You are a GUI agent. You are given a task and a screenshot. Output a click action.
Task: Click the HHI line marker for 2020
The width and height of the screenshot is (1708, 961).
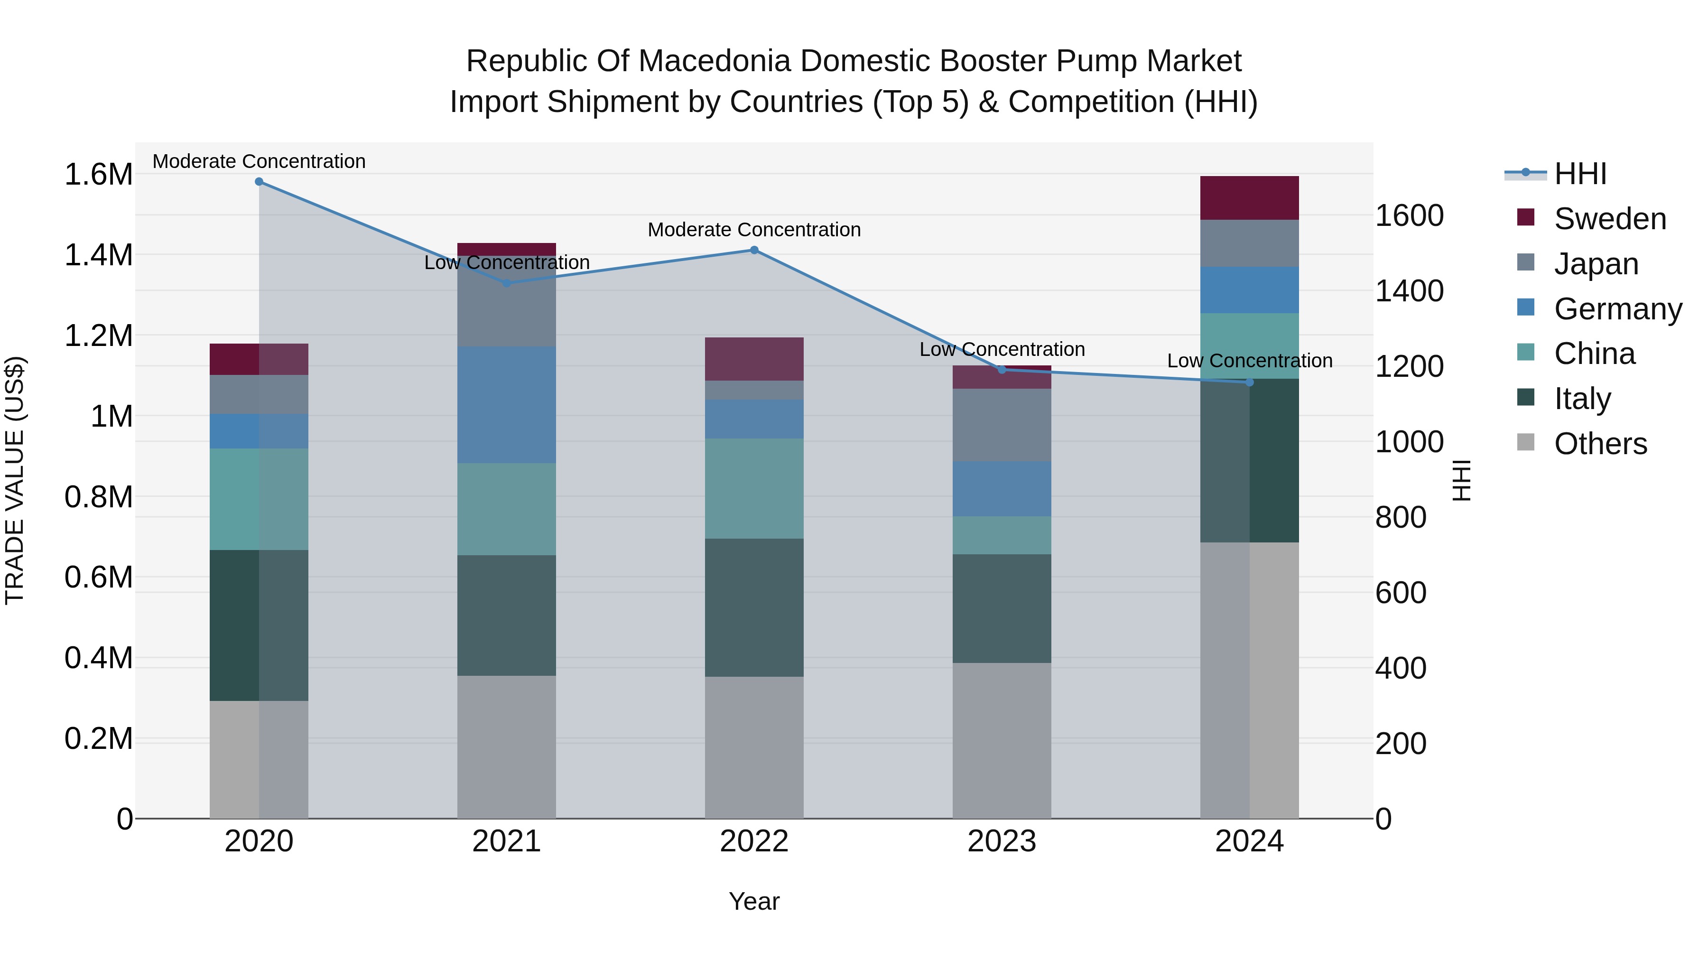pyautogui.click(x=259, y=182)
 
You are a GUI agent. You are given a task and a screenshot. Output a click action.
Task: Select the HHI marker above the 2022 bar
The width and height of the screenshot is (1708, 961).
pyautogui.click(x=754, y=250)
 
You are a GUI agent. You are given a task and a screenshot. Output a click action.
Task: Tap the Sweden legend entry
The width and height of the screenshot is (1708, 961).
pyautogui.click(x=1609, y=219)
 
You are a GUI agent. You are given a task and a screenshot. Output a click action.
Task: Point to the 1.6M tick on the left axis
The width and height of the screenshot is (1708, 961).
pyautogui.click(x=98, y=175)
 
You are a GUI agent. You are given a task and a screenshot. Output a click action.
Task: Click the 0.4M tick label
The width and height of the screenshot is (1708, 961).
pyautogui.click(x=98, y=658)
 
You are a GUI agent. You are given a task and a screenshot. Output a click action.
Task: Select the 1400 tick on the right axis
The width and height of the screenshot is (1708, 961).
pyautogui.click(x=1409, y=291)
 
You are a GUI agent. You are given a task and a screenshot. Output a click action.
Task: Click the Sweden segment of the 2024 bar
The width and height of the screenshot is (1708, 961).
pyautogui.click(x=1249, y=197)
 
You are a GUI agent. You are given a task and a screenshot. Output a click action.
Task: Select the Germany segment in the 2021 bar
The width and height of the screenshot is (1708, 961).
pyautogui.click(x=507, y=404)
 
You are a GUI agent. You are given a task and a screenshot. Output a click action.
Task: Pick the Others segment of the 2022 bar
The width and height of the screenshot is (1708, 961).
pyautogui.click(x=754, y=747)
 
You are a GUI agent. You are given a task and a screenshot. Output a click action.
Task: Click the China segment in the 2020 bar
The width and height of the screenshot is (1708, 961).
pyautogui.click(x=259, y=499)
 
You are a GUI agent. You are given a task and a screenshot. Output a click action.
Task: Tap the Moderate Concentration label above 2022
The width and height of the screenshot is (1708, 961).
pyautogui.click(x=754, y=230)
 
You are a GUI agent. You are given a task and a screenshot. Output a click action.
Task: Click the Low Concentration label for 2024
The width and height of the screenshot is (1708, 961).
pyautogui.click(x=1249, y=361)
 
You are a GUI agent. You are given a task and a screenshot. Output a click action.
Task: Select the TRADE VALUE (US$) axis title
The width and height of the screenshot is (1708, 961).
pyautogui.click(x=15, y=480)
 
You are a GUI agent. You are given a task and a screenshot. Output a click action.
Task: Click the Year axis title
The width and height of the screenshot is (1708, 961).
pyautogui.click(x=754, y=901)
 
